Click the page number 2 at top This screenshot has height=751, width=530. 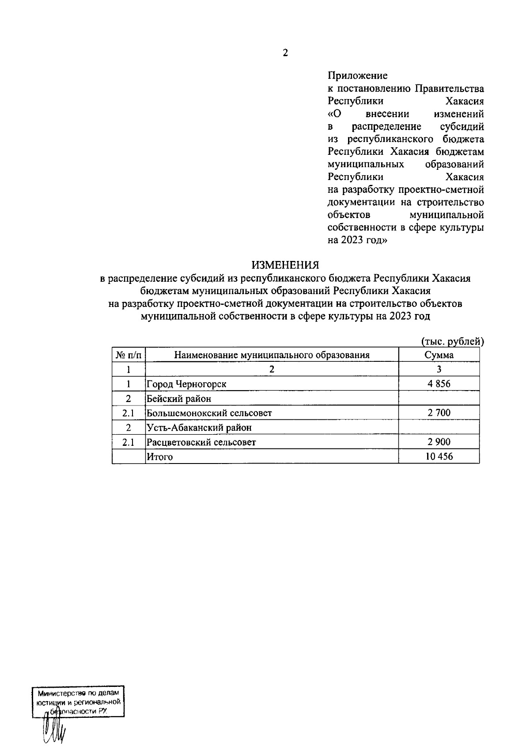pos(285,53)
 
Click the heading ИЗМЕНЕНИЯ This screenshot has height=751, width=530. pos(285,265)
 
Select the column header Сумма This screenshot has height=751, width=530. pos(439,355)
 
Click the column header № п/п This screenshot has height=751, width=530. pos(129,355)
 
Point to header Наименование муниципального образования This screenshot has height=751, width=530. pos(272,355)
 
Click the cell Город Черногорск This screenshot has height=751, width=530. pos(186,384)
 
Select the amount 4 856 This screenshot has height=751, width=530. pos(439,384)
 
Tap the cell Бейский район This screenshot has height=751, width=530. pos(179,398)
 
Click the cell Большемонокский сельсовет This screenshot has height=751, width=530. pos(209,413)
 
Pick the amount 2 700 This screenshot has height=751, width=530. pos(439,413)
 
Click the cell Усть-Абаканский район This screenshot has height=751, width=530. pos(199,428)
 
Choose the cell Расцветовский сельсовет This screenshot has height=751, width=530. pos(201,442)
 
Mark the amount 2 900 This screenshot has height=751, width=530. pos(439,442)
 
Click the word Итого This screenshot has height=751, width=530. pos(160,457)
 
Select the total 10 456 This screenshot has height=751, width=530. pos(439,456)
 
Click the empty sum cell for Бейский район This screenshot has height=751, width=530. pos(439,398)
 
